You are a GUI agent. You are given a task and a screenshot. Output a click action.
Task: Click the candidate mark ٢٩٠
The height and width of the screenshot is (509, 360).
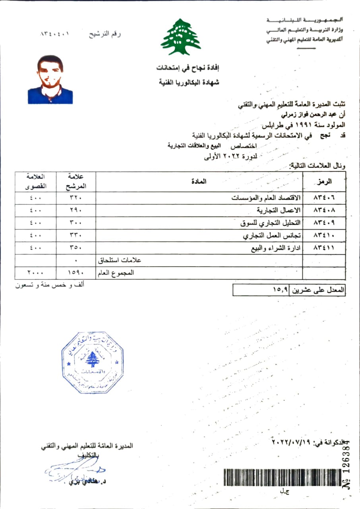coord(75,210)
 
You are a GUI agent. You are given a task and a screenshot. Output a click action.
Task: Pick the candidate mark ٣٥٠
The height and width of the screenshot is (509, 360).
coord(75,248)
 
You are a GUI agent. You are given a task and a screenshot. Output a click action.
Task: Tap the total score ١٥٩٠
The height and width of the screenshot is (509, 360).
coord(75,273)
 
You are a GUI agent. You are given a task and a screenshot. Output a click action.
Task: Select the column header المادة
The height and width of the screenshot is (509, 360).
coord(201,181)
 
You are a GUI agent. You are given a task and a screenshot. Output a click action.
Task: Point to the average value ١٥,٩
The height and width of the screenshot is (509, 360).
coord(281,290)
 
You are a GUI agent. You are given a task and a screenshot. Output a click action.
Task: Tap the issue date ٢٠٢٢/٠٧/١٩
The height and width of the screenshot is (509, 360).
coord(291,442)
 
